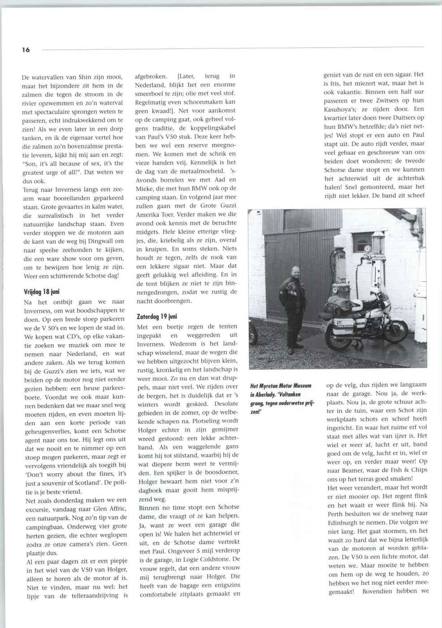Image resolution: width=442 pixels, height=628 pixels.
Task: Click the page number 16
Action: tap(26, 50)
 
